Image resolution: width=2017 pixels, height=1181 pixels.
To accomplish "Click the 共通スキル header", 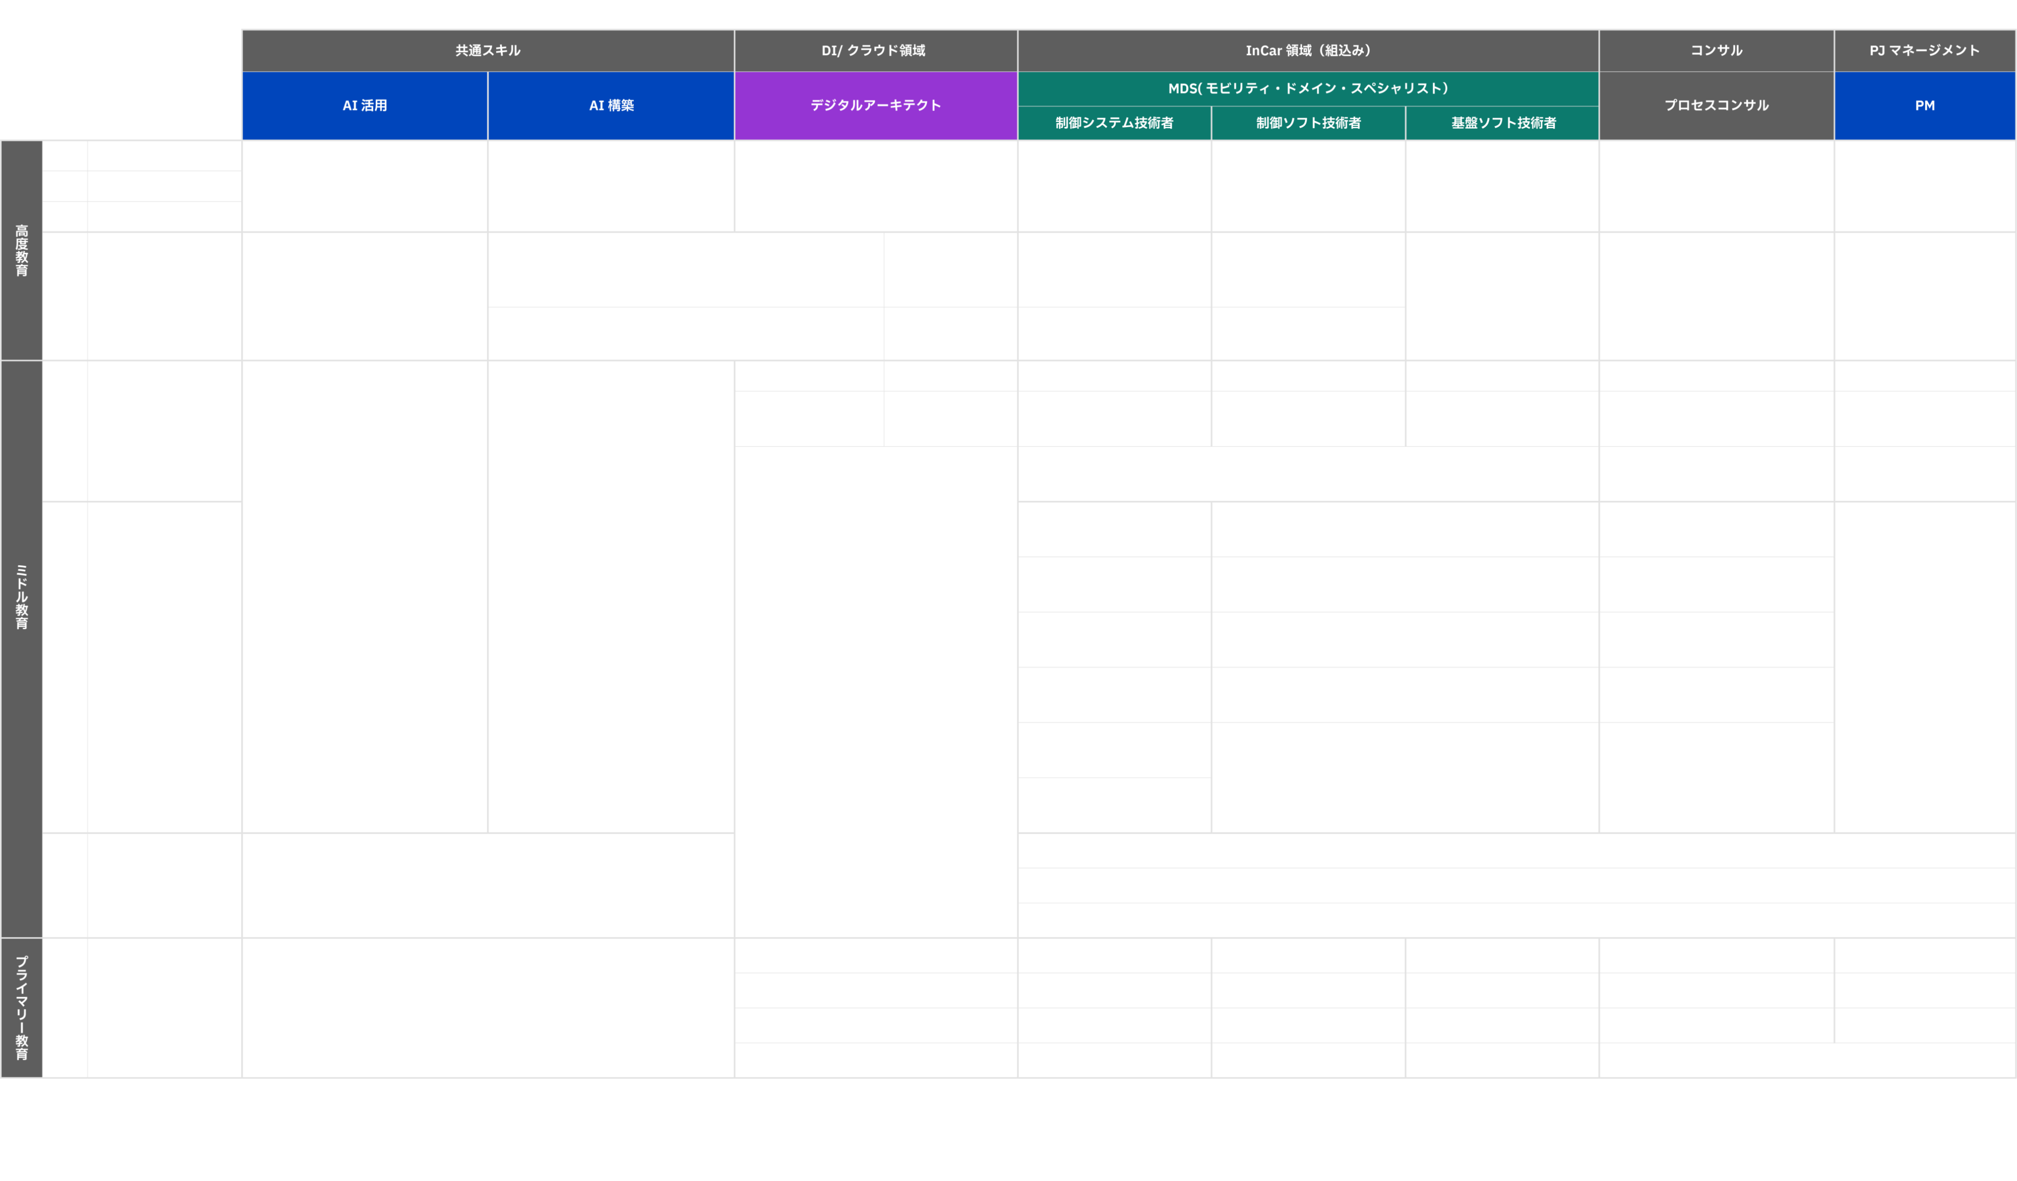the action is (488, 51).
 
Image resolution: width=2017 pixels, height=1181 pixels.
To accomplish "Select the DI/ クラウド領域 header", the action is (876, 51).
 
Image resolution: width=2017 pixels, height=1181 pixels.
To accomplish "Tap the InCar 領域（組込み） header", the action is (1308, 51).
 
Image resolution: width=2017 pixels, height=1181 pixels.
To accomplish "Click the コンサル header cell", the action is (1716, 51).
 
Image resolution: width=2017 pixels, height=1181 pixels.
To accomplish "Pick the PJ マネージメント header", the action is (1925, 51).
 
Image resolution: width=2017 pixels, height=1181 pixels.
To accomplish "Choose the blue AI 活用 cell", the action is (365, 106).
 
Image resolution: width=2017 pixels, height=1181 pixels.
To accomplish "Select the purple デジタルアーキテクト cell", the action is (876, 106).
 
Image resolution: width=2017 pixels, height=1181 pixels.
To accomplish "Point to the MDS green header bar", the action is (1308, 89).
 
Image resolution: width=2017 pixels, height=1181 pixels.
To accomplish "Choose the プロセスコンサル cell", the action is (1716, 106).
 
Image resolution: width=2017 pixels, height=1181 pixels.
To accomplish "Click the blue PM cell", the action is (1925, 106).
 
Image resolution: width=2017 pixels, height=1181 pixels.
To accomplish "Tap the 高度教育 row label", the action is (21, 250).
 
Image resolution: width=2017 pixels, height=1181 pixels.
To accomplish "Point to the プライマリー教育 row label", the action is (21, 1008).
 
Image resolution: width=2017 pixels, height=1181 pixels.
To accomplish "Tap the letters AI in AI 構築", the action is (596, 106).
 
